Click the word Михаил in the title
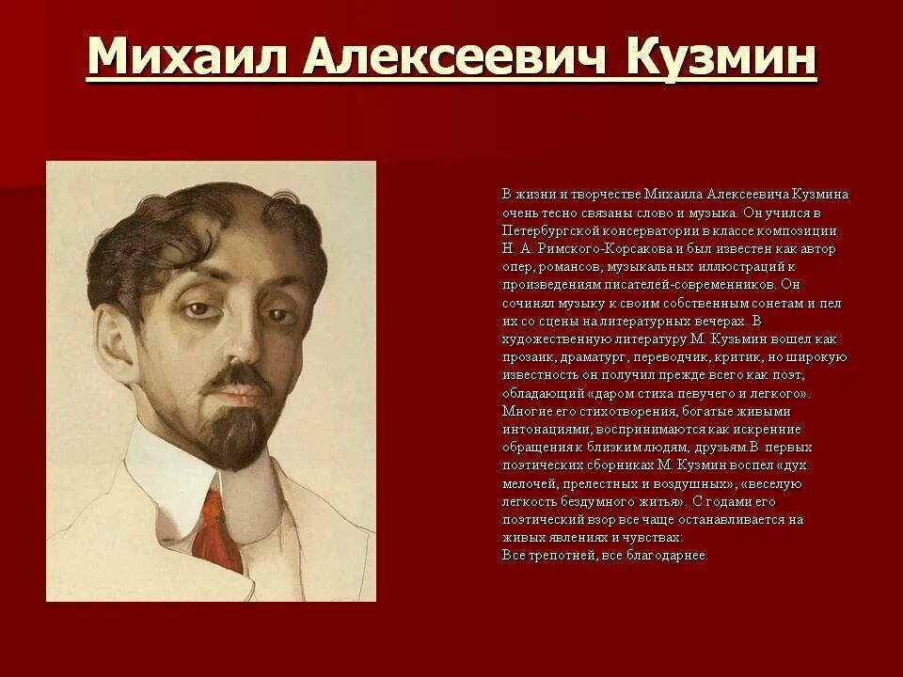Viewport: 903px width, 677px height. point(184,58)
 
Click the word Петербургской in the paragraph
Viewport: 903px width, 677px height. point(547,230)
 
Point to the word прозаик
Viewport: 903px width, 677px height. point(528,357)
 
